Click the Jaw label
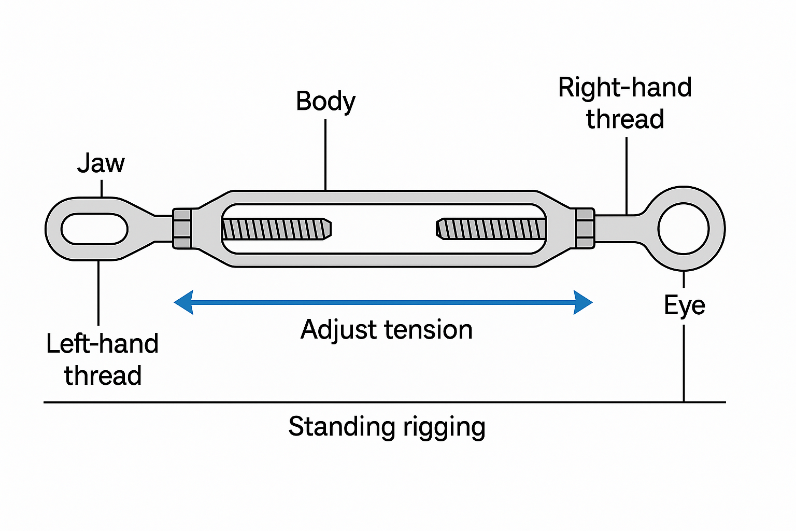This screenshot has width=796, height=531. pyautogui.click(x=101, y=164)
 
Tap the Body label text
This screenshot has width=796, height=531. pyautogui.click(x=325, y=102)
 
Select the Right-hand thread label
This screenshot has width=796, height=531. pyautogui.click(x=625, y=103)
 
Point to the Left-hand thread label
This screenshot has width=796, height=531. pyautogui.click(x=102, y=359)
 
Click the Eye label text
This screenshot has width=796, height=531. pyautogui.click(x=684, y=305)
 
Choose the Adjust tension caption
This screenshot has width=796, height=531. pyautogui.click(x=387, y=330)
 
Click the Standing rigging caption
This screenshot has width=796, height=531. pyautogui.click(x=387, y=427)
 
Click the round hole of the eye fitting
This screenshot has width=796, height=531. pyautogui.click(x=684, y=229)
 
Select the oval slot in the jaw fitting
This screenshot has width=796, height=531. pyautogui.click(x=94, y=229)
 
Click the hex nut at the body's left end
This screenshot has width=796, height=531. pyautogui.click(x=182, y=229)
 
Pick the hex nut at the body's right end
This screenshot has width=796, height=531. pyautogui.click(x=585, y=229)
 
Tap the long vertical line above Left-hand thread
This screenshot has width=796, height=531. pyautogui.click(x=98, y=293)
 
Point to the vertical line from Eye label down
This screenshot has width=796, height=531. pyautogui.click(x=684, y=363)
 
